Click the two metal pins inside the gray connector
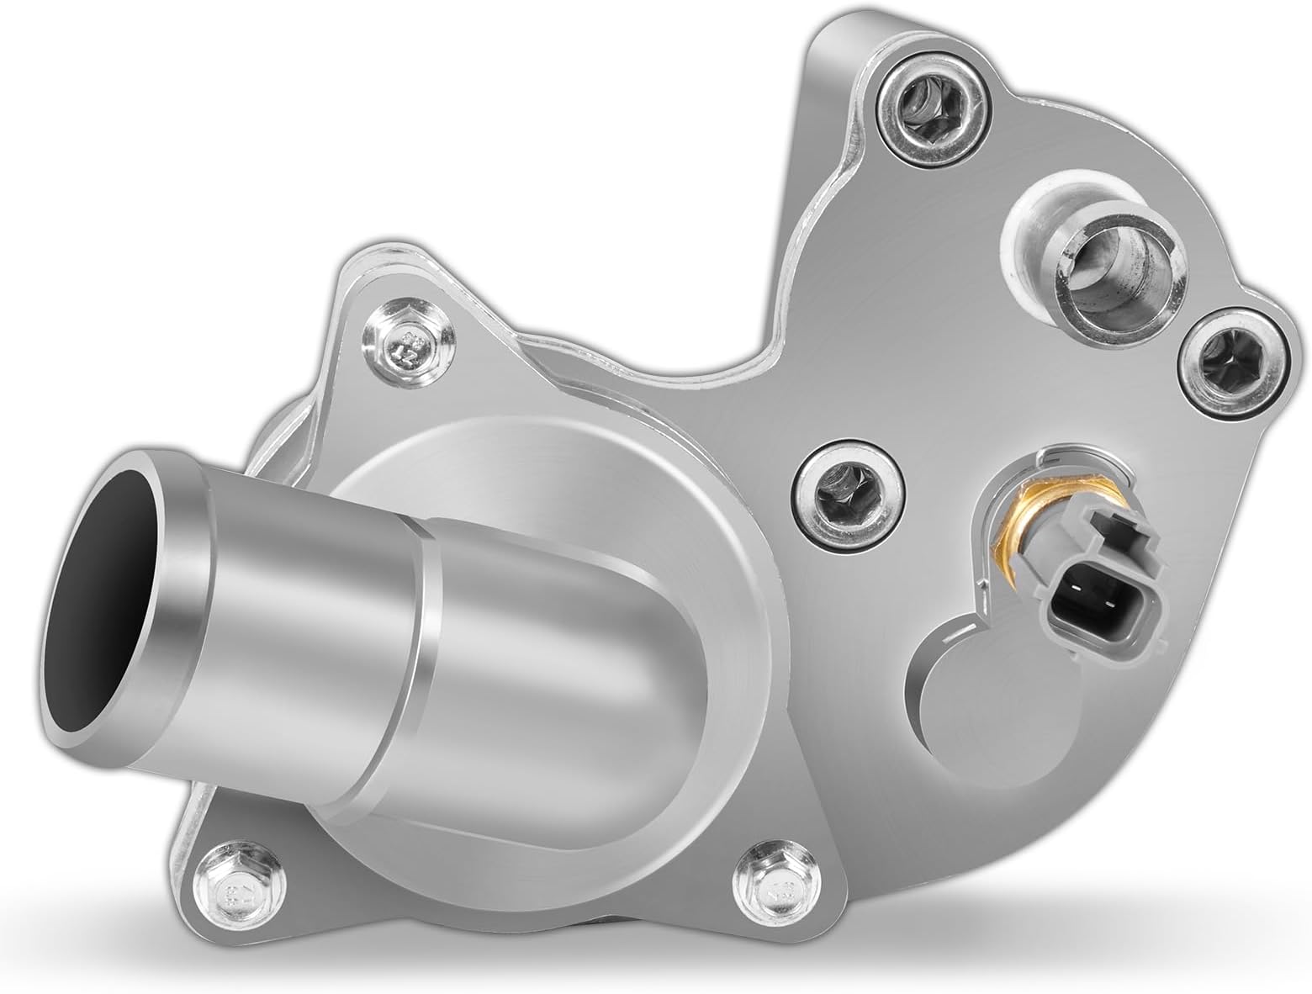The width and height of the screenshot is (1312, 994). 1090,605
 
